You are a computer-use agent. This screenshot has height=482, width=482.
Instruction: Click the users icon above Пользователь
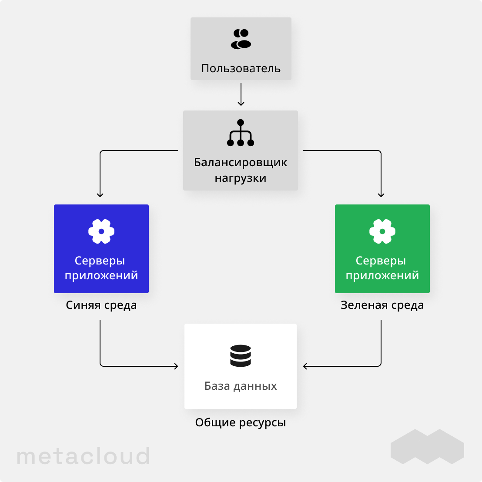click(x=241, y=39)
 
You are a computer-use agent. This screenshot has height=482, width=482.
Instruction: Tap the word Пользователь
click(x=241, y=68)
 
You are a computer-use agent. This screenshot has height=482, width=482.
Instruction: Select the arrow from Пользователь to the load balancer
click(x=241, y=94)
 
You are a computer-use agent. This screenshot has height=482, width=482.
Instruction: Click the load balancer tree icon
click(x=241, y=133)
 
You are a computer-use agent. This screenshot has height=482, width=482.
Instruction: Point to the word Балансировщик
click(x=241, y=163)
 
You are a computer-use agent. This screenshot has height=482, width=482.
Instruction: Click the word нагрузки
click(x=241, y=178)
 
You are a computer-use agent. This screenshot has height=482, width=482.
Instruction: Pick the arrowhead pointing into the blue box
click(x=100, y=194)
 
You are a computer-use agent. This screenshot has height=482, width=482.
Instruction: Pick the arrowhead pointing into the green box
click(x=381, y=194)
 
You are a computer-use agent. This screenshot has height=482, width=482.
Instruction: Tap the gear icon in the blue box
click(x=101, y=231)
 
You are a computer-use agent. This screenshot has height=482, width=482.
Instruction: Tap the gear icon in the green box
click(x=382, y=231)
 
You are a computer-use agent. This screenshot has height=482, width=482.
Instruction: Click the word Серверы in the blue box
click(x=100, y=261)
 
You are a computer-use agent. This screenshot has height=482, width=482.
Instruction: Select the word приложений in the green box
click(x=382, y=275)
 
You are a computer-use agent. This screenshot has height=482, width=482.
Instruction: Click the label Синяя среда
click(x=101, y=305)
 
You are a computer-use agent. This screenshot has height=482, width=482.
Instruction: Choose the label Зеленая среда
click(x=382, y=305)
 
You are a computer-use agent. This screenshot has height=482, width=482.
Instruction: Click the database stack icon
click(x=241, y=355)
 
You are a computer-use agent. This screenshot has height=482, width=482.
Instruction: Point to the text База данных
click(x=241, y=386)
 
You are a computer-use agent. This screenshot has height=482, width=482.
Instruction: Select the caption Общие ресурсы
click(x=241, y=422)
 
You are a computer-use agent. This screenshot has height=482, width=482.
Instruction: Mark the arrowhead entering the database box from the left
click(x=176, y=366)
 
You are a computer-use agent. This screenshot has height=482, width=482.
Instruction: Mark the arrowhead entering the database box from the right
click(x=305, y=366)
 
